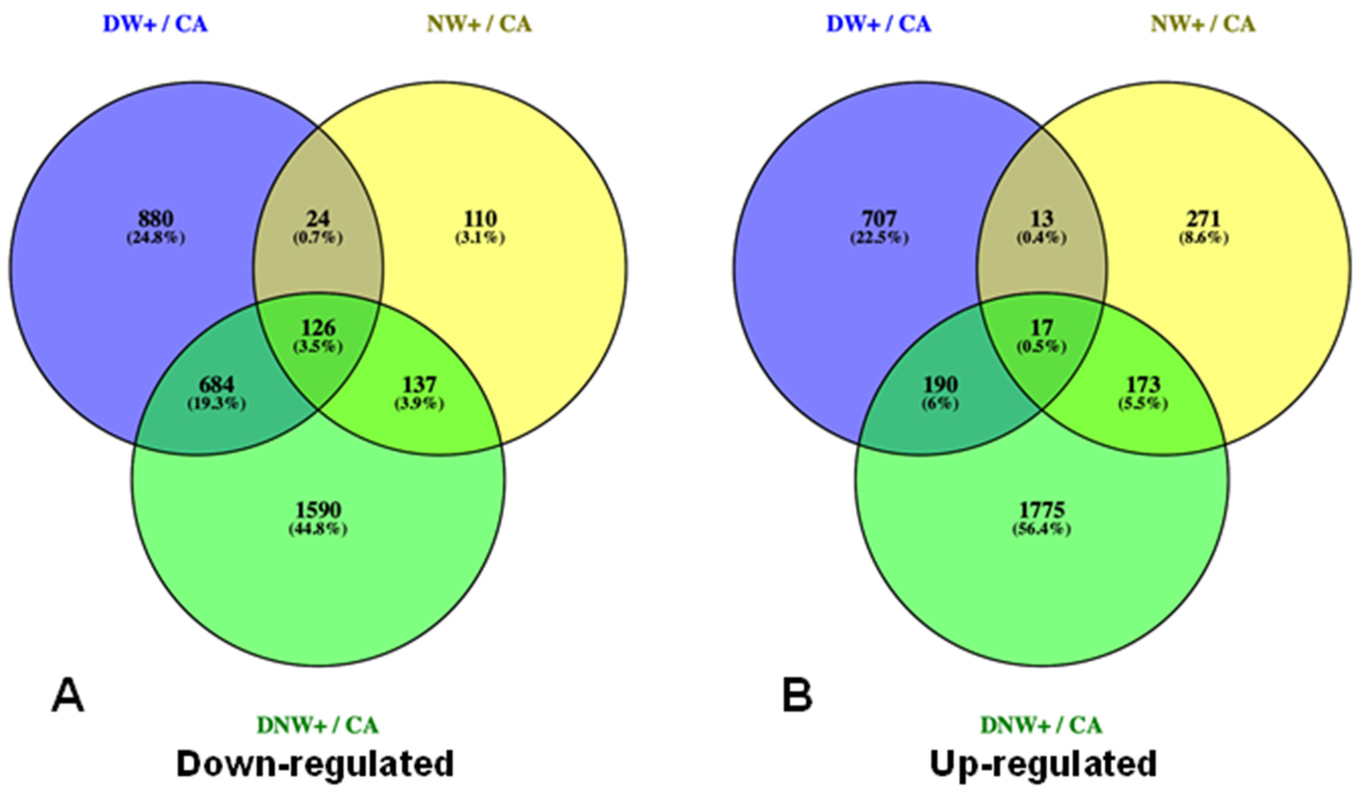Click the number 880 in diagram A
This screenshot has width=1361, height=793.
pos(155,219)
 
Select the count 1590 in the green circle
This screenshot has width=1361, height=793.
pos(318,510)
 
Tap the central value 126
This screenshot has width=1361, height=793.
pos(318,328)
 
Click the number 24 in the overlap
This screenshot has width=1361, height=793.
pos(318,219)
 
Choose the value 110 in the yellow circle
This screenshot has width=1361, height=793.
pos(480,219)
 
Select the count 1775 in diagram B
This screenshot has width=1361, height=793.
pos(1042,510)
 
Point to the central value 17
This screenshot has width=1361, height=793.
pos(1042,328)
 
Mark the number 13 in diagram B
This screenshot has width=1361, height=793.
pos(1042,219)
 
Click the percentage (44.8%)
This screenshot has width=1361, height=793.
pos(318,529)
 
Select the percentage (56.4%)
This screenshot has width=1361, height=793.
pos(1042,529)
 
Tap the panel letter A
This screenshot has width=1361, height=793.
pos(68,696)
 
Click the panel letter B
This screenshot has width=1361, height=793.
pos(797,696)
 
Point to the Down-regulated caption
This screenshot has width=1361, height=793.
pos(316,764)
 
